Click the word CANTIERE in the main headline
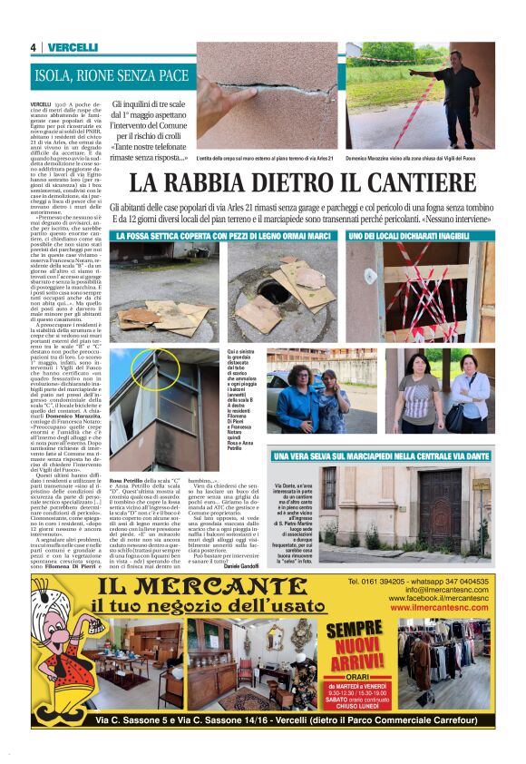pos(419,183)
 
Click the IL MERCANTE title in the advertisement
pos(197,586)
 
